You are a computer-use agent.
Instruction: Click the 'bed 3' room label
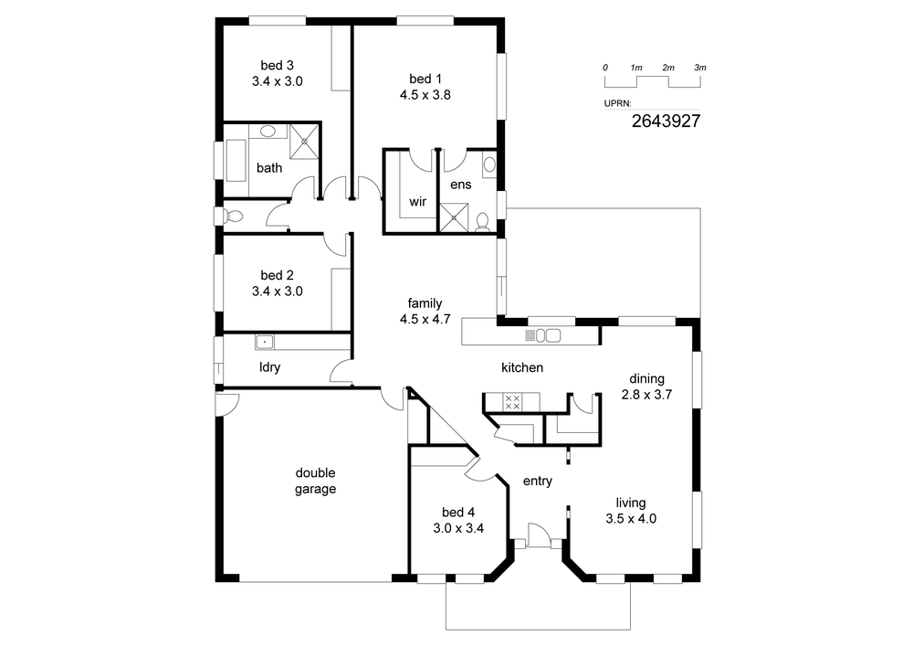click(x=278, y=65)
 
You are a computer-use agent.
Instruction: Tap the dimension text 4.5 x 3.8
click(x=425, y=95)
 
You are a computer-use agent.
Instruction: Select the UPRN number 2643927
click(x=666, y=121)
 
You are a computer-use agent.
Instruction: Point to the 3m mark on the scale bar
click(x=700, y=68)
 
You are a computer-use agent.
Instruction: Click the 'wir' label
click(x=417, y=202)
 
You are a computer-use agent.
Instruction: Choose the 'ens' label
click(x=460, y=185)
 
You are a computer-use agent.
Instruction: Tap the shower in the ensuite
click(x=453, y=217)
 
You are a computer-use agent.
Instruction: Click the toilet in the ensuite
click(x=483, y=223)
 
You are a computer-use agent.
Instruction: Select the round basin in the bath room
click(x=268, y=131)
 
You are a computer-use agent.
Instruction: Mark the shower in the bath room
click(x=304, y=141)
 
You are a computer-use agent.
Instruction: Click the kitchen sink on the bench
click(x=548, y=335)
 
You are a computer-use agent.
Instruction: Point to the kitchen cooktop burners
click(x=512, y=402)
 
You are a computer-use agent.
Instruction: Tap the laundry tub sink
click(x=265, y=342)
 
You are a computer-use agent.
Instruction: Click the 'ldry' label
click(x=269, y=367)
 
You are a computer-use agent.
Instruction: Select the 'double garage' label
click(x=315, y=482)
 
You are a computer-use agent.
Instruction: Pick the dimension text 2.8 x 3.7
click(x=646, y=395)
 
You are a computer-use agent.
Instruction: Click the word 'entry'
click(x=538, y=482)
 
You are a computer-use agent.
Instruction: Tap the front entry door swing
click(x=539, y=535)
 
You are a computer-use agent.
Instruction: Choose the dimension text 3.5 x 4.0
click(x=631, y=519)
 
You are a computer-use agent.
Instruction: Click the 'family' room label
click(x=425, y=303)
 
